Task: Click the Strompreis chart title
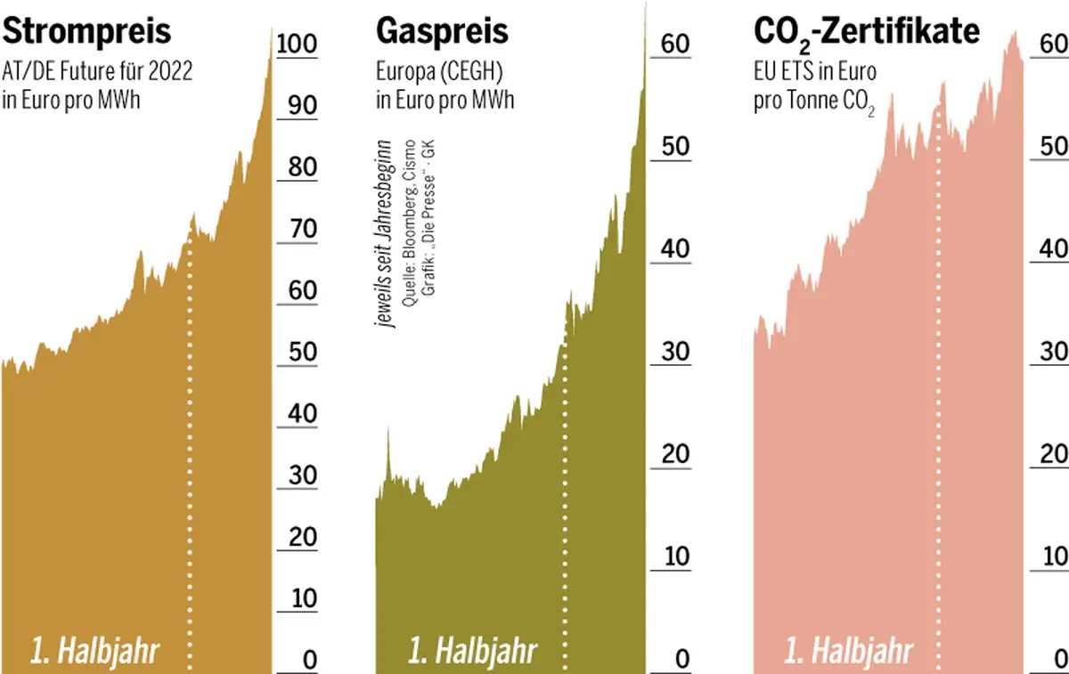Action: pos(86,31)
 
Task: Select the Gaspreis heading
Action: pos(443,31)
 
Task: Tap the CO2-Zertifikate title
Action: pos(867,33)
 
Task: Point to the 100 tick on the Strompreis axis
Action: pos(297,43)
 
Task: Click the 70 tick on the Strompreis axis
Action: pos(297,229)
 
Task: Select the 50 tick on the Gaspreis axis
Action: pos(676,146)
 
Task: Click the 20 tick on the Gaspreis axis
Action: pos(676,454)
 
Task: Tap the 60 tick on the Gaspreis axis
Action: pos(676,44)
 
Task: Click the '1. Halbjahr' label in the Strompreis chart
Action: pos(94,651)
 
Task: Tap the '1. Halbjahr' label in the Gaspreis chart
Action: pos(472,651)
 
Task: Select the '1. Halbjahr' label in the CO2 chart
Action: pos(848,651)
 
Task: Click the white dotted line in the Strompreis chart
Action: pos(189,445)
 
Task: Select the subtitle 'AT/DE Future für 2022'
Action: pos(97,72)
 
